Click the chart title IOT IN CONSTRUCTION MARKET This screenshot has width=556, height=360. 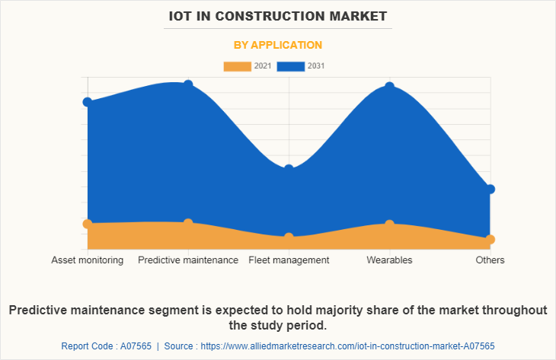point(278,15)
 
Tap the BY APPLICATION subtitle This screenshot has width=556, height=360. point(278,45)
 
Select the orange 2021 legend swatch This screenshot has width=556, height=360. point(237,66)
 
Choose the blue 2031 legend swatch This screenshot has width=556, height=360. point(291,66)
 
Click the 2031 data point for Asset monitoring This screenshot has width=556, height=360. point(88,102)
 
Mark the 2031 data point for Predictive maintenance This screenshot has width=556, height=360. point(188,84)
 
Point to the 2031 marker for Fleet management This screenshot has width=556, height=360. point(289,168)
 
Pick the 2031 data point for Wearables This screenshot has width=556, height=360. point(389,87)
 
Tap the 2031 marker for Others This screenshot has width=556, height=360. point(490,189)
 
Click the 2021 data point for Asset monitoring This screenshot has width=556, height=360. point(88,224)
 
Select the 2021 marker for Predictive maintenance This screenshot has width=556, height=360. point(188,222)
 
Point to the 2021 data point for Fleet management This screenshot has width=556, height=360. point(289,237)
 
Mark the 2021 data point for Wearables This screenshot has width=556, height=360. point(389,224)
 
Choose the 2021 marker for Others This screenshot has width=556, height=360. point(490,239)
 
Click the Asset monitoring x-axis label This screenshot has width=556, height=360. point(88,260)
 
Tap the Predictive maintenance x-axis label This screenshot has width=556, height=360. point(188,260)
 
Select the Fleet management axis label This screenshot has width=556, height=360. point(289,260)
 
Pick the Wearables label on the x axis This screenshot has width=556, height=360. point(389,260)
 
